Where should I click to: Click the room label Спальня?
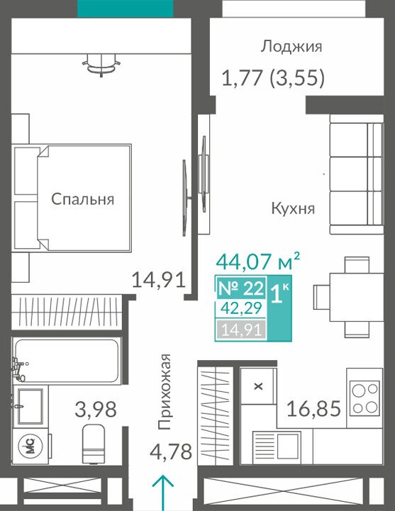(x=82, y=198)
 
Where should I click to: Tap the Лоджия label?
(x=291, y=47)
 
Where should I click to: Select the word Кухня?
(x=293, y=208)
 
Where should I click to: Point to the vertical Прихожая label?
(x=164, y=391)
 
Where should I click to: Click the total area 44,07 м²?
(x=257, y=262)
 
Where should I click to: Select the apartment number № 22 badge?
(x=240, y=288)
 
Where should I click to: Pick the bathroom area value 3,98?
(x=96, y=410)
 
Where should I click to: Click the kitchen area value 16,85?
(x=313, y=409)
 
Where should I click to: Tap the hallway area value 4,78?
(x=171, y=451)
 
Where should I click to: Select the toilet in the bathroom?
(x=94, y=444)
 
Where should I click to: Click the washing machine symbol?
(x=30, y=446)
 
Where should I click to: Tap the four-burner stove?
(x=365, y=398)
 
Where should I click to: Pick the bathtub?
(x=66, y=361)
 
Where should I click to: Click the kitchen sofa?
(x=357, y=174)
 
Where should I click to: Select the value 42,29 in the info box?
(x=241, y=308)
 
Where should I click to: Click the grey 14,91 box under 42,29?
(x=241, y=330)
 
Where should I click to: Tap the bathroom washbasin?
(x=30, y=406)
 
